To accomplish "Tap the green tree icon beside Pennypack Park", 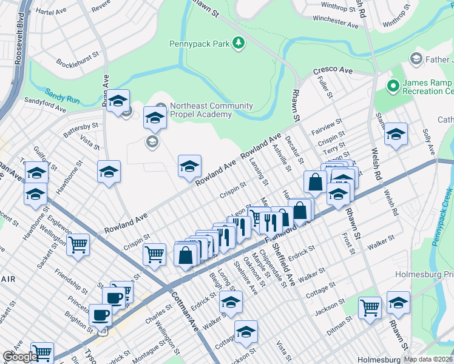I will click(x=239, y=42).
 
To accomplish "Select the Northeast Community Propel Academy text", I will click(x=211, y=110).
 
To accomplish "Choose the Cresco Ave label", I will click(x=333, y=71).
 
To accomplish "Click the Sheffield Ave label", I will click(x=283, y=265).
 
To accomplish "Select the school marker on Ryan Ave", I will click(x=118, y=100).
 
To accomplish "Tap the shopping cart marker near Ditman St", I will click(x=369, y=307).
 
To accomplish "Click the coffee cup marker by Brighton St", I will click(x=100, y=315).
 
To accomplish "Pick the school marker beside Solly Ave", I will click(x=396, y=135).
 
